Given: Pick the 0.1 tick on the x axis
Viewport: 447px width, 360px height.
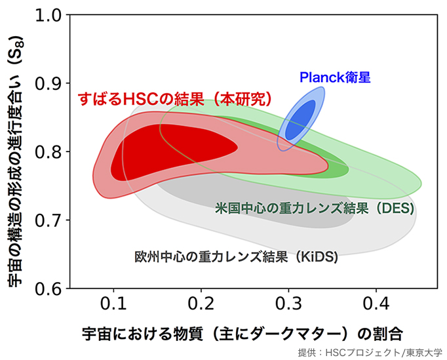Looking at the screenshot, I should (x=114, y=306).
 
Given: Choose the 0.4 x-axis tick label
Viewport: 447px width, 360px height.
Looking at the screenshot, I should (x=376, y=306).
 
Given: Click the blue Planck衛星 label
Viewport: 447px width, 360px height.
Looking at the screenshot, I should (x=335, y=77).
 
